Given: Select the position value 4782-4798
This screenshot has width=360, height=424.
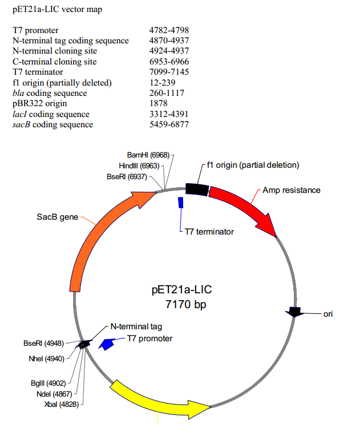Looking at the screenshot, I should pos(169,30).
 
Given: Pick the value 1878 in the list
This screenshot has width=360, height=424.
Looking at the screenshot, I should pos(158,103).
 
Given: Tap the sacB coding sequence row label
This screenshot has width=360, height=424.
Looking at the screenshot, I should pos(52,124).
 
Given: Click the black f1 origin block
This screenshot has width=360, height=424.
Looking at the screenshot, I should pos(197,190).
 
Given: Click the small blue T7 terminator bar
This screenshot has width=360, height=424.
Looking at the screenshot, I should pos(181,203).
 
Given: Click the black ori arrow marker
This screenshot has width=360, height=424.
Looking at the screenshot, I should pos(294,312).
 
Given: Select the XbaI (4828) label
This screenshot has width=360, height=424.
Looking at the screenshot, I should pos(61,404).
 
